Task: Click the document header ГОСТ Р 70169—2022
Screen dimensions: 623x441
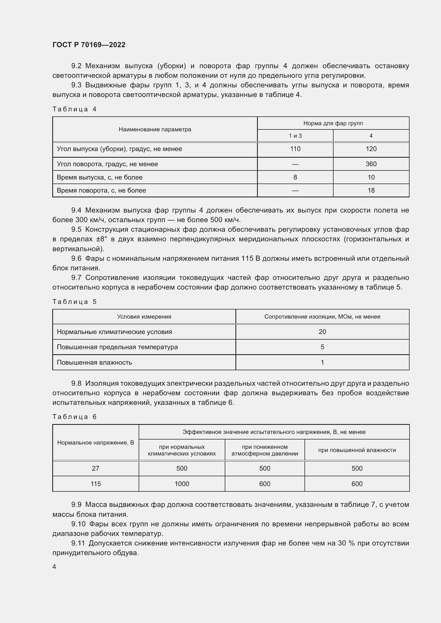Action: click(89, 45)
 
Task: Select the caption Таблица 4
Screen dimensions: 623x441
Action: click(74, 109)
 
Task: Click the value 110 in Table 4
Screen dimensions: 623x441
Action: click(295, 149)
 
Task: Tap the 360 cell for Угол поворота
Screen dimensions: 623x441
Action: click(371, 164)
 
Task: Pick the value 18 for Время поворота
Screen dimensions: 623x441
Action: click(371, 190)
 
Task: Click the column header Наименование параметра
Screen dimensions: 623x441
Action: click(155, 129)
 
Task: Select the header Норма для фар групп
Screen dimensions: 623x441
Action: click(333, 124)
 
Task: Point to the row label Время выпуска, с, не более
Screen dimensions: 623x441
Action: click(100, 177)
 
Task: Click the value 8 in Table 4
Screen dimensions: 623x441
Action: click(295, 177)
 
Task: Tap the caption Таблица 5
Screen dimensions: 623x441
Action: click(74, 302)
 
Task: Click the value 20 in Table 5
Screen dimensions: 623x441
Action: click(322, 332)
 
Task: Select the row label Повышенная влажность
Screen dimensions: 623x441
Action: click(94, 363)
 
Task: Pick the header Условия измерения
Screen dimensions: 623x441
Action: click(144, 317)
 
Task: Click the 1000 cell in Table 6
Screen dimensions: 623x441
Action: click(182, 484)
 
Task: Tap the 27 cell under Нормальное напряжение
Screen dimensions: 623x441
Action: click(96, 468)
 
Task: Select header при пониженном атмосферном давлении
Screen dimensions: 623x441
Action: click(264, 450)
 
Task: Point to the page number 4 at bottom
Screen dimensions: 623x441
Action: click(54, 567)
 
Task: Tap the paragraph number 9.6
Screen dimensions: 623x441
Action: click(76, 259)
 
